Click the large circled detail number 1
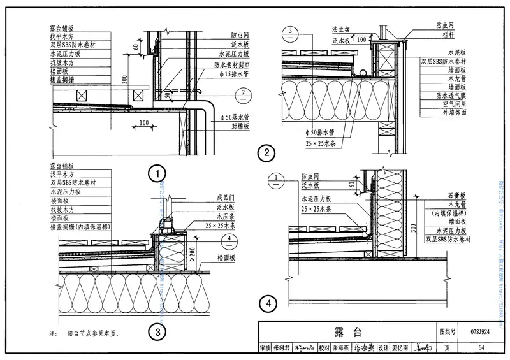pyautogui.click(x=157, y=173)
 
